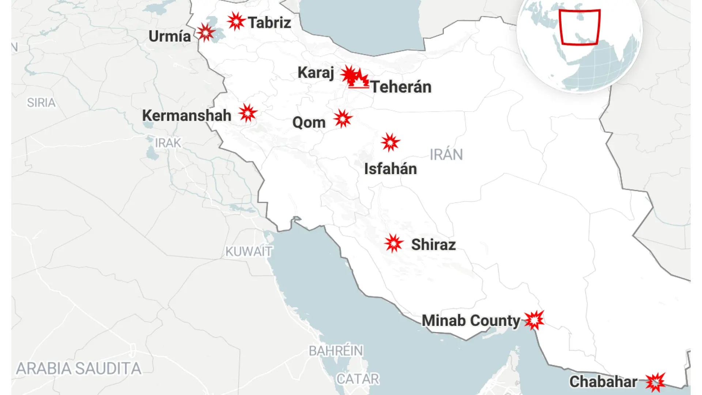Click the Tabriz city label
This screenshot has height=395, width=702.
269,23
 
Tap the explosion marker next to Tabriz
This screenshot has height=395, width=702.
236,21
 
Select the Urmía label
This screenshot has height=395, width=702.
170,36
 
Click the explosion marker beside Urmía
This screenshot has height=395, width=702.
206,33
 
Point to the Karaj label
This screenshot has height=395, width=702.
316,72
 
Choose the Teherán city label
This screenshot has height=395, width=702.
401,87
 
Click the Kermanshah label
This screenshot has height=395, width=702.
186,116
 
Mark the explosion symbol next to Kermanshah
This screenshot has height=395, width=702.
248,113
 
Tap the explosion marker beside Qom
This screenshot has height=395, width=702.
343,118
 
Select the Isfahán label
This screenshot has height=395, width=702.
390,169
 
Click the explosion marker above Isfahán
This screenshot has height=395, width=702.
390,142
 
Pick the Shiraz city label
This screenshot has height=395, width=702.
433,245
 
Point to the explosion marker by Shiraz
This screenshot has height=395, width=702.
393,243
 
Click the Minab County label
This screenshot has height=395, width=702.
471,321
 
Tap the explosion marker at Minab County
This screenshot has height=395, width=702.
534,320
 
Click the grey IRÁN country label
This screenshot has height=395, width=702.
446,155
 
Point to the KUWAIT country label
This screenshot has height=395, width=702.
249,252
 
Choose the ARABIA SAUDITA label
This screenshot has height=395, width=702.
79,369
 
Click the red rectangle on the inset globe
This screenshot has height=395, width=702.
580,27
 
